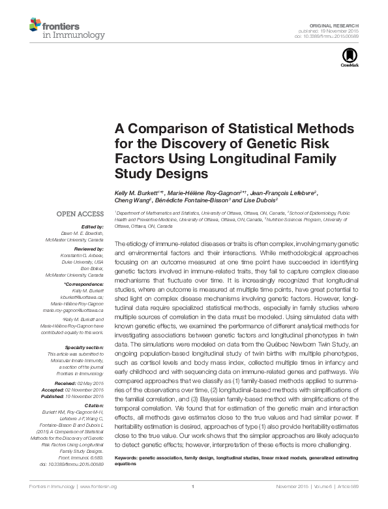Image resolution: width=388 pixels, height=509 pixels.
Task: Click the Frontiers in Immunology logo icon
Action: click(35, 25)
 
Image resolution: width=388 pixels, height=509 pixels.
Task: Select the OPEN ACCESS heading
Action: click(80, 213)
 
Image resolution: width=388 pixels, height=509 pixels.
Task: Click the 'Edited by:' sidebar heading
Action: click(93, 226)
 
